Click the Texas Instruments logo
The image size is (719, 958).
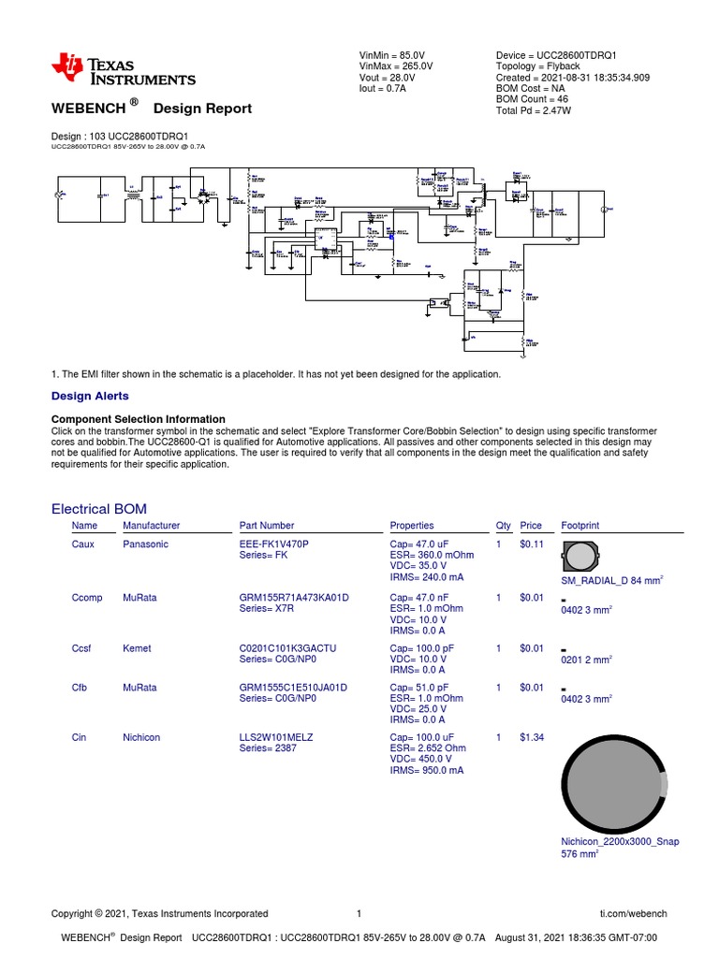point(124,70)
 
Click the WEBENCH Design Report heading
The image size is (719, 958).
point(151,109)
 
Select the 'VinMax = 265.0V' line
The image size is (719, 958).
point(396,67)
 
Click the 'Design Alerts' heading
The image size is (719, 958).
point(90,397)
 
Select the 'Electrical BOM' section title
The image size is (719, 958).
point(98,509)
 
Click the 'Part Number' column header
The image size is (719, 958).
point(267,526)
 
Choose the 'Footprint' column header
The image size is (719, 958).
point(580,526)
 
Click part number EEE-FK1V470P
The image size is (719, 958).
point(274,544)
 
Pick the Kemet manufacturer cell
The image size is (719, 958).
point(137,648)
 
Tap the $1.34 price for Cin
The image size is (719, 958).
point(531,738)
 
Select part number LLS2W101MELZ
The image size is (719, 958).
point(276,738)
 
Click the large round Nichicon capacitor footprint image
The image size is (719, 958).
point(614,781)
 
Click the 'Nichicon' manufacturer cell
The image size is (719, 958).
point(141,738)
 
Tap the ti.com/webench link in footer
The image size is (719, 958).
point(633,914)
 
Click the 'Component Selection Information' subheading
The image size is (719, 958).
point(138,419)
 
